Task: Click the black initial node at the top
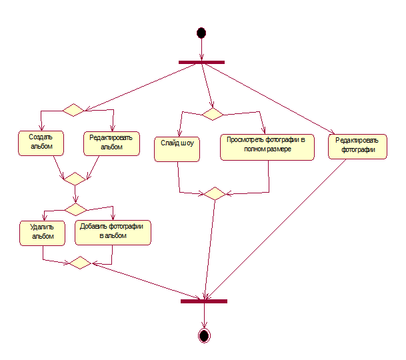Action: point(201,33)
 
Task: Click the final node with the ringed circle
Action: point(204,335)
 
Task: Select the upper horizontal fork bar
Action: point(201,62)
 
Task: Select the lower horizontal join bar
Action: point(204,301)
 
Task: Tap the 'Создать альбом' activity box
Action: point(41,143)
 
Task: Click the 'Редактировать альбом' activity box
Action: point(111,143)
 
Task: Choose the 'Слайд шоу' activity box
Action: point(177,149)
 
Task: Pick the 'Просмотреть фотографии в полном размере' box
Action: point(267,147)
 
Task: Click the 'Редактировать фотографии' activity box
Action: point(357,147)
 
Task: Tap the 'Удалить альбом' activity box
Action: point(42,233)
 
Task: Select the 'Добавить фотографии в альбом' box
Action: point(113,233)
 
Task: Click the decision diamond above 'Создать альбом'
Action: point(73,110)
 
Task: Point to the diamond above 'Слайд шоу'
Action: point(213,114)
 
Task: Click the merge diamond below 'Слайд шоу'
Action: point(215,193)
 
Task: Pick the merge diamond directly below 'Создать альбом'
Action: point(75,179)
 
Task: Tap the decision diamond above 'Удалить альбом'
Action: point(75,209)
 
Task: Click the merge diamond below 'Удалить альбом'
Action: point(80,263)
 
